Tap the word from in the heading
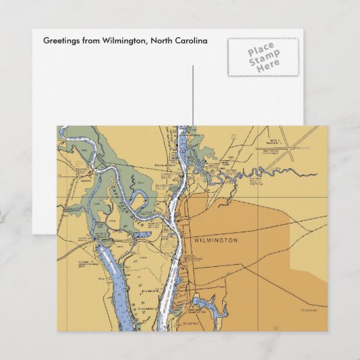[90, 41]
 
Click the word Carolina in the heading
[190, 41]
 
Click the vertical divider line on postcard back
[193, 95]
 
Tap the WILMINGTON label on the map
[216, 240]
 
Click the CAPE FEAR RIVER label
[129, 197]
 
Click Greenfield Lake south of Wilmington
[204, 302]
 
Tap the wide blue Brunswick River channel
[109, 272]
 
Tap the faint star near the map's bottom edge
[275, 327]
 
